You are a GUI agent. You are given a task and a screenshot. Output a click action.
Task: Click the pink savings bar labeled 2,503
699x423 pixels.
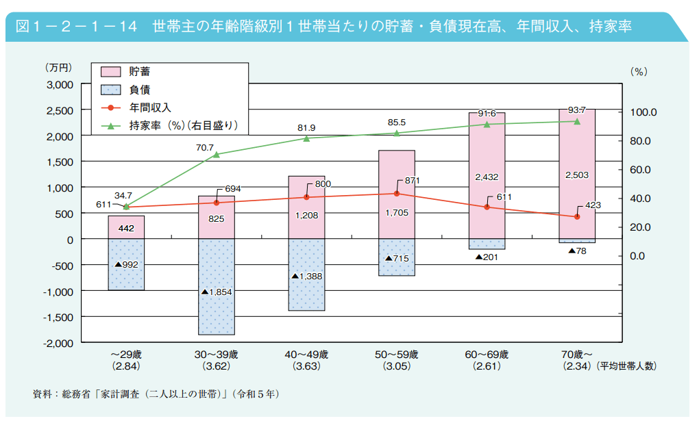coord(576,174)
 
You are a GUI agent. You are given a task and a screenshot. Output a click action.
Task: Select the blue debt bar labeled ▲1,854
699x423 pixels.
coord(216,287)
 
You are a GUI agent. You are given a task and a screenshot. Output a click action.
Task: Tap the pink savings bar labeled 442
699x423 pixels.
coord(126,227)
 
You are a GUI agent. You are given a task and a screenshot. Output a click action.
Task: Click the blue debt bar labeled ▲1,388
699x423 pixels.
coord(306,274)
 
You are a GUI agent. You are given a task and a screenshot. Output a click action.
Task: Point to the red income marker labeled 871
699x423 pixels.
coord(397,194)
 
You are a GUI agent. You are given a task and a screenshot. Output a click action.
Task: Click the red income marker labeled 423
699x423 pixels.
coord(577,216)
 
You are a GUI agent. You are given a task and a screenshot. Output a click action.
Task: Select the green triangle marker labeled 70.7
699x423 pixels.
coord(216,154)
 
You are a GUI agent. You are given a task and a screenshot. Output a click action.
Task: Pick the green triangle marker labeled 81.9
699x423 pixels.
coord(306,138)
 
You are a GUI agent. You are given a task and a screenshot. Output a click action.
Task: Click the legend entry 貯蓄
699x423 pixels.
coord(139,72)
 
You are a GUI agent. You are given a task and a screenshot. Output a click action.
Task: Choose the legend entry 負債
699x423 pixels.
coord(139,90)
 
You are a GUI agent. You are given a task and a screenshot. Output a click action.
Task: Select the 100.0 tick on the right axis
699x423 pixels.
coord(644,112)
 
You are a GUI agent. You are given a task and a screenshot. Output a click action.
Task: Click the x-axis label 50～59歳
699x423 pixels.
coord(397,355)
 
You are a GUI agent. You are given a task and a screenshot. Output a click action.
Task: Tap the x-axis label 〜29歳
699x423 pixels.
coord(126,355)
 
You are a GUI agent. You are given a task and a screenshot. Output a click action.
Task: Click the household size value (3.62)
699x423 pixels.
coord(216,366)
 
